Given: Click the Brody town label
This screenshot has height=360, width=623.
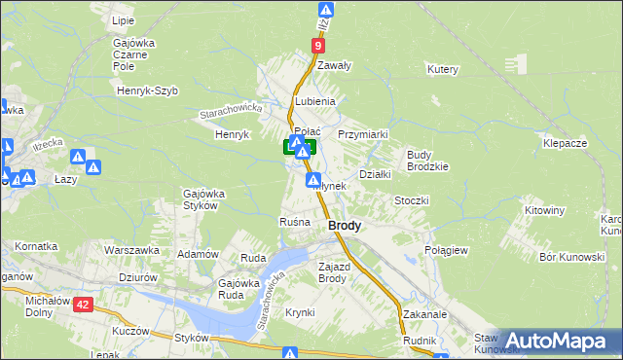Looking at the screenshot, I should [x=345, y=225].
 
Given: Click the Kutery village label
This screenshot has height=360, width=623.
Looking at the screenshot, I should [x=442, y=70].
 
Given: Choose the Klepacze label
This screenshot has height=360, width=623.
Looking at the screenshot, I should [x=565, y=143].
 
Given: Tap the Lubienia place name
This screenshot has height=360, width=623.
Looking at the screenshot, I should [x=316, y=101].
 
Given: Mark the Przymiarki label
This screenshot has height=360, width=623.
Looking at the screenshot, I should [x=363, y=134].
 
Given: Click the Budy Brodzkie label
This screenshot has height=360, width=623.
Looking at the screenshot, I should [x=427, y=161].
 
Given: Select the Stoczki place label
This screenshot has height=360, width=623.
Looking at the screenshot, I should [x=412, y=200].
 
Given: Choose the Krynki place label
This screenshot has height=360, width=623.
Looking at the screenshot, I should [x=300, y=312].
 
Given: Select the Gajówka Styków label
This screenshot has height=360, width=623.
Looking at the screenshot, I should [x=205, y=199].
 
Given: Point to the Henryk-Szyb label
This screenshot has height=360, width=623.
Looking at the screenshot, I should [x=145, y=90].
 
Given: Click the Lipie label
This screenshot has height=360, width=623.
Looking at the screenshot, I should [x=123, y=20].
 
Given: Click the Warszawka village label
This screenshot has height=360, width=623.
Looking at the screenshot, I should [x=131, y=250].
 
